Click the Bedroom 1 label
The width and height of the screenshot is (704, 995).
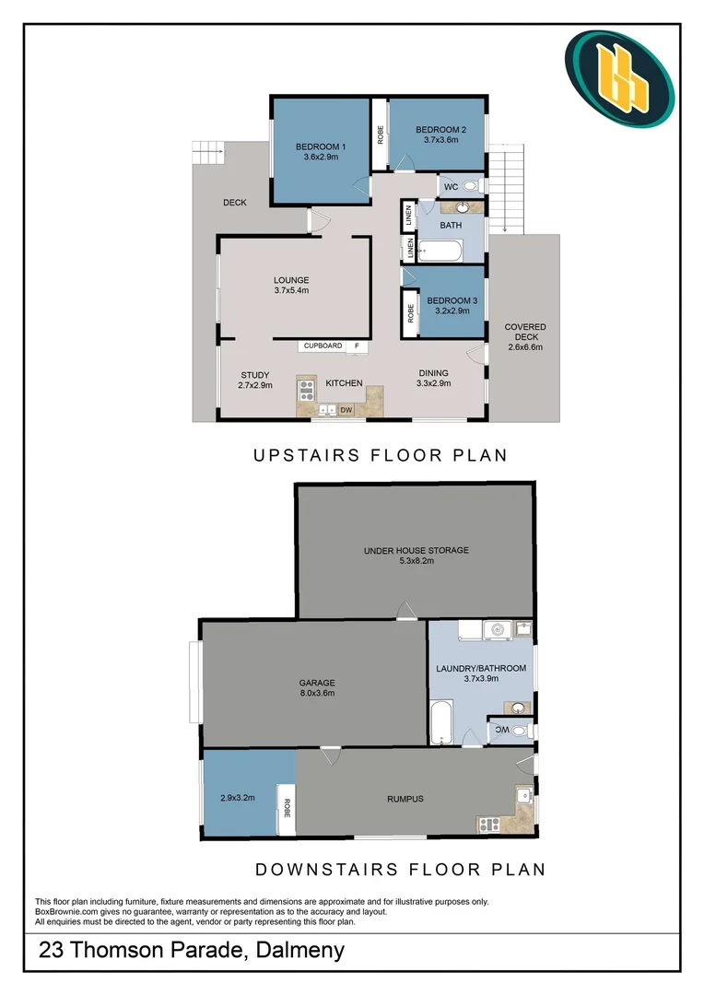click(x=321, y=146)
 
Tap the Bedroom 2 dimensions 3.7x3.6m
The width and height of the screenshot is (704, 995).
click(x=441, y=140)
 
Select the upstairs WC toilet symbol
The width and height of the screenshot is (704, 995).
click(x=470, y=186)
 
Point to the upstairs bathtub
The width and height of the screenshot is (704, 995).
click(x=440, y=251)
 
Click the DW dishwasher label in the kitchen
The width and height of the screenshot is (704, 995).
click(x=346, y=410)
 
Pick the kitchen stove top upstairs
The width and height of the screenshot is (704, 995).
click(x=307, y=389)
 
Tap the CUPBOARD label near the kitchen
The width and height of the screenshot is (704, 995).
click(x=323, y=345)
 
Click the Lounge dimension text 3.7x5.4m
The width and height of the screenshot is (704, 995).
click(x=291, y=290)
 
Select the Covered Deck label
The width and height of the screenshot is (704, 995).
click(x=525, y=332)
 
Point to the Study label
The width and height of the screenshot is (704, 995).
click(x=255, y=375)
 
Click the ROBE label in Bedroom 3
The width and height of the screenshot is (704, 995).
click(x=411, y=313)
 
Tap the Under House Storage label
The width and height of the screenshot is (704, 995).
click(x=417, y=550)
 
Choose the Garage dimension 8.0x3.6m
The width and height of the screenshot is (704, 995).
click(x=317, y=693)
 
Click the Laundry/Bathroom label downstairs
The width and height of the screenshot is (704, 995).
click(x=481, y=668)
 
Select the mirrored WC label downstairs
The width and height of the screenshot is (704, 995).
click(x=502, y=731)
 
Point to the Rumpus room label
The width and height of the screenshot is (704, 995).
click(x=405, y=799)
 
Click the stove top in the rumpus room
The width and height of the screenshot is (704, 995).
click(x=488, y=825)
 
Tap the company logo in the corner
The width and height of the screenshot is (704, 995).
click(x=619, y=78)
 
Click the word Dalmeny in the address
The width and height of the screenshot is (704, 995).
click(x=299, y=950)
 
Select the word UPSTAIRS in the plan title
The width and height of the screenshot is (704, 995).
click(x=307, y=455)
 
